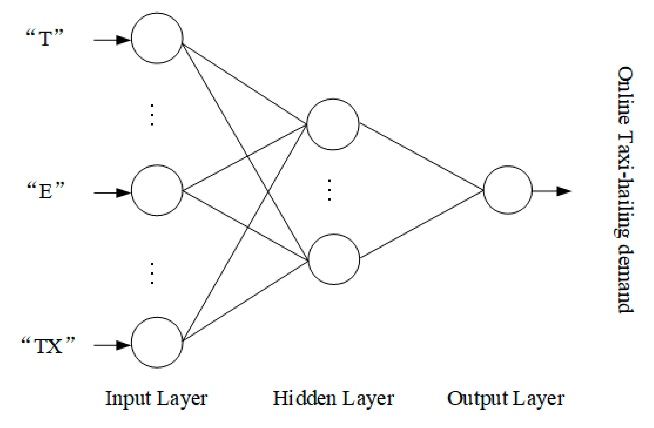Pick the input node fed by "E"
coord(157,190)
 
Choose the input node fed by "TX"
coord(157,342)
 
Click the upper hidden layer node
coord(333,124)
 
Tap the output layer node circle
coord(508,190)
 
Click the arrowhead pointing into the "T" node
coord(123,40)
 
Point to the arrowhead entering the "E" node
coord(123,193)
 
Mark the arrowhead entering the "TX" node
coord(123,345)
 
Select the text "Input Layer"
coord(156,399)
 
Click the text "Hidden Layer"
coord(333,399)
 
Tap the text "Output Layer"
coord(506,399)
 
